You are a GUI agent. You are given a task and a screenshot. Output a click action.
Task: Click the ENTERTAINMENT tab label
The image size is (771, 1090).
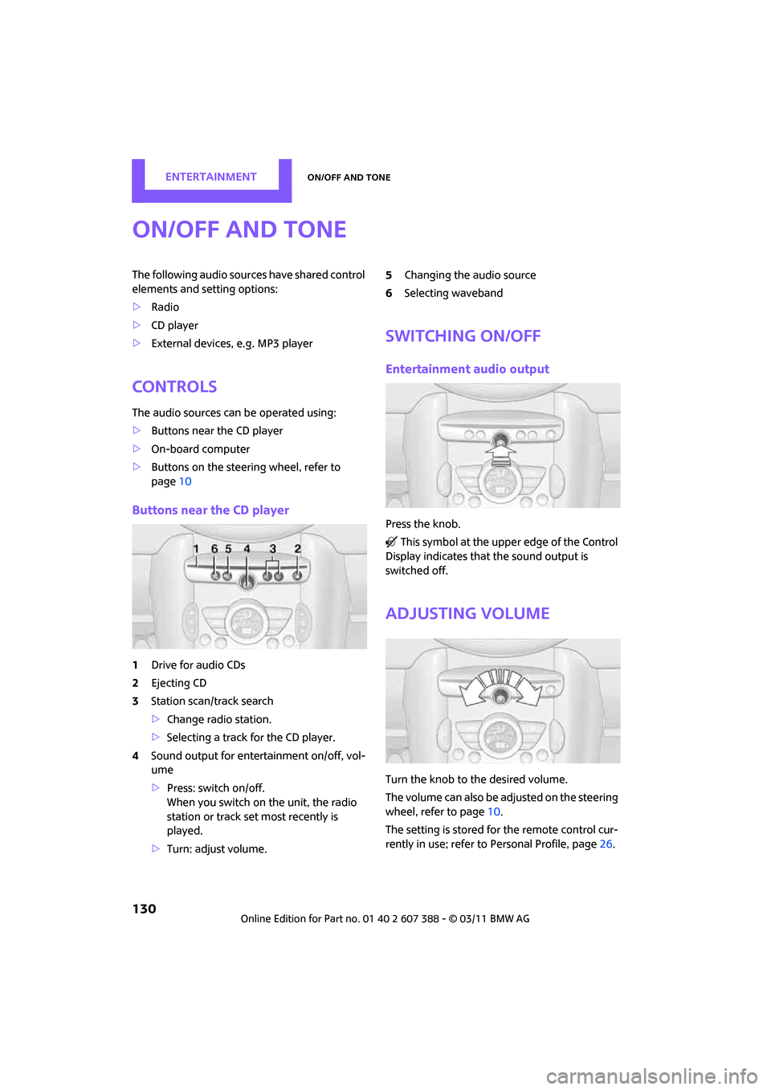pos(210,177)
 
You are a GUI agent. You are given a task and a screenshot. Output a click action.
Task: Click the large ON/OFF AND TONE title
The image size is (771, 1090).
pos(239,230)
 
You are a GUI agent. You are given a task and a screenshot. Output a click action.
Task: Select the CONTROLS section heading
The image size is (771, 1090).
pos(174,387)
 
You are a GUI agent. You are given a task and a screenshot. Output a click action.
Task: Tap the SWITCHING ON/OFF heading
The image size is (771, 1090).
pos(463,336)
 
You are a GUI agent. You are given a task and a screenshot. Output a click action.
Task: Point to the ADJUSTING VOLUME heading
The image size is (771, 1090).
pos(467,614)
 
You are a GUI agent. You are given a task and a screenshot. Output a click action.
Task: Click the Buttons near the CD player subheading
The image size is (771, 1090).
pos(210,510)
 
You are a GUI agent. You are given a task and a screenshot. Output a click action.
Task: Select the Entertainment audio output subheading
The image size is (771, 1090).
pos(467,369)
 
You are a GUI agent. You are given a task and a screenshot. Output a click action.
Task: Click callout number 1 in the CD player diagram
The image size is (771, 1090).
pos(196,549)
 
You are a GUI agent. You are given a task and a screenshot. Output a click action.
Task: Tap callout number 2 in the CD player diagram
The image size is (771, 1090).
pos(297,549)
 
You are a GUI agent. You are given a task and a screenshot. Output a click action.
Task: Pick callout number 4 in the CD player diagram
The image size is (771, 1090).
pos(247,549)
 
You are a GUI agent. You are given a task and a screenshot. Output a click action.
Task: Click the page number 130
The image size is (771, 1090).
pos(145,909)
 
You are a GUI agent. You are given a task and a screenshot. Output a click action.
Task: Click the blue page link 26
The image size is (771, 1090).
pos(606,844)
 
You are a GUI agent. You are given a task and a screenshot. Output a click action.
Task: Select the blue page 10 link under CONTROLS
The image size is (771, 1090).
pos(185,482)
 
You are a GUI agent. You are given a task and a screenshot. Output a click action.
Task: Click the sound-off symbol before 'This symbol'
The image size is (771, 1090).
pos(391,543)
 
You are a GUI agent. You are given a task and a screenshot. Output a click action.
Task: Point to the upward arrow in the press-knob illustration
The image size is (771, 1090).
pos(500,456)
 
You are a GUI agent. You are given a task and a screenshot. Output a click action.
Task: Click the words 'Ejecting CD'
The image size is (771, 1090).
pos(178,683)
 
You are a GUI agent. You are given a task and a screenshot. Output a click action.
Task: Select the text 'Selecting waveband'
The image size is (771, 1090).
pos(453,294)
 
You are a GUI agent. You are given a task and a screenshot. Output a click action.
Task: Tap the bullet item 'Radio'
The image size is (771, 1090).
pos(165,307)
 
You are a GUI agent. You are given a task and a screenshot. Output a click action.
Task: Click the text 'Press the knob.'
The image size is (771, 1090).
pos(422,524)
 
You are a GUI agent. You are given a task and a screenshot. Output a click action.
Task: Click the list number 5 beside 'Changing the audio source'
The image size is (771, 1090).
pos(389,275)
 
